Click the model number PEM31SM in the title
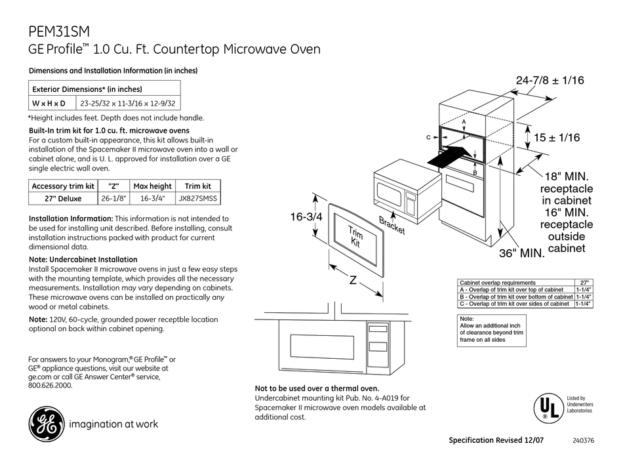pyautogui.click(x=60, y=31)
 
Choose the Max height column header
pyautogui.click(x=152, y=186)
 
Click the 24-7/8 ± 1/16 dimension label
pyautogui.click(x=550, y=80)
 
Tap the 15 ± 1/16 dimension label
pyautogui.click(x=557, y=138)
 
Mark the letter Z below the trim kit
pyautogui.click(x=352, y=280)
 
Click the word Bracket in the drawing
pyautogui.click(x=392, y=225)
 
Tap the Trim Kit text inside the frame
pyautogui.click(x=355, y=237)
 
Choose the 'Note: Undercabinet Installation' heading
pyautogui.click(x=83, y=259)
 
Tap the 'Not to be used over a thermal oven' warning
pyautogui.click(x=317, y=388)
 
